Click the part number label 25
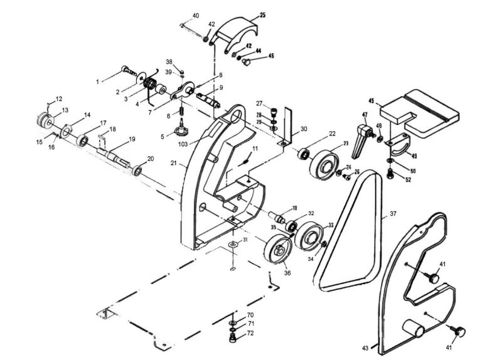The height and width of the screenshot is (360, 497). tap(262, 14)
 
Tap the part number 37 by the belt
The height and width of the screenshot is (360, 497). tap(393, 214)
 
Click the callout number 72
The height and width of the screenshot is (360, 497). tap(250, 333)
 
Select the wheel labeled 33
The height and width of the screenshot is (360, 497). tap(310, 237)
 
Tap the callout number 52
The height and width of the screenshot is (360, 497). tap(409, 180)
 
